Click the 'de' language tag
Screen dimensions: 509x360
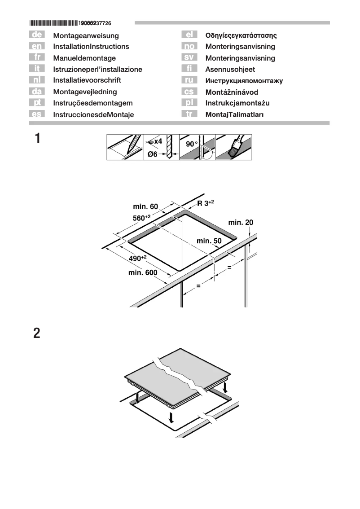click(36, 35)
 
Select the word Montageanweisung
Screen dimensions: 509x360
click(86, 35)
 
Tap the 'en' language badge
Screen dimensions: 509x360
click(36, 46)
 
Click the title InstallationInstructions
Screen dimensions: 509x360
click(91, 46)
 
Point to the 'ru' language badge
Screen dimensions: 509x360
click(189, 80)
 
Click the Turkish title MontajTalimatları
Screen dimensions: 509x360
click(234, 114)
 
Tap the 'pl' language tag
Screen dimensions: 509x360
click(189, 103)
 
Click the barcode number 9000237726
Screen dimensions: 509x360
click(94, 22)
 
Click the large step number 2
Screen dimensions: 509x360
click(37, 334)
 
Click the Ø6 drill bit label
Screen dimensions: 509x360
click(154, 154)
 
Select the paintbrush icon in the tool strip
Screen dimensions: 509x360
click(234, 147)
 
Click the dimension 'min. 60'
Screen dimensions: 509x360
click(145, 206)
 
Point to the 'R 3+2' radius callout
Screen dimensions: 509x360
click(206, 203)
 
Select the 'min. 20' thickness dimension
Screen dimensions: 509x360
click(241, 222)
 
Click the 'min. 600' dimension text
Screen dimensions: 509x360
click(143, 272)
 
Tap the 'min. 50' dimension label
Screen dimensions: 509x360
click(209, 241)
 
